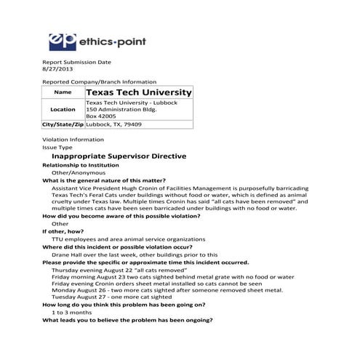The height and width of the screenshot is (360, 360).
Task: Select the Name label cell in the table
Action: pyautogui.click(x=63, y=93)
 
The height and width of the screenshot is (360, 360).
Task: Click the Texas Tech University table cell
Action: pyautogui.click(x=138, y=93)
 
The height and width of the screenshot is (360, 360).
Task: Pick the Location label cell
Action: pyautogui.click(x=63, y=110)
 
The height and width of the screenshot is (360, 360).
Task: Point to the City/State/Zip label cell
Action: pyautogui.click(x=63, y=124)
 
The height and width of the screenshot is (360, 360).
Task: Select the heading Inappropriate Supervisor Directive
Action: pyautogui.click(x=119, y=156)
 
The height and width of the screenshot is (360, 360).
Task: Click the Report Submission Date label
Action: pyautogui.click(x=76, y=63)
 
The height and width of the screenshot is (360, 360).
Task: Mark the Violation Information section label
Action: pyautogui.click(x=73, y=139)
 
